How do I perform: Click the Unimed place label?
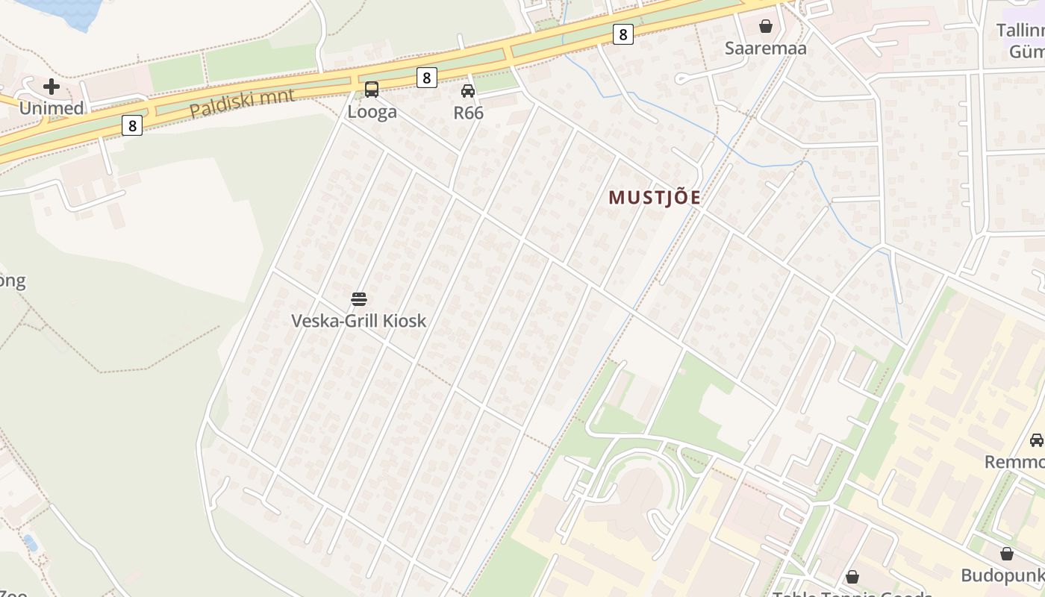pos(51,108)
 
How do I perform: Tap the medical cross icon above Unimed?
pos(51,87)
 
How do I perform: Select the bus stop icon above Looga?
pos(371,90)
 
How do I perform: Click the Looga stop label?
pos(372,113)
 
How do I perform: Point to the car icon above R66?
pos(468,91)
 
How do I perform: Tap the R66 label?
pos(468,113)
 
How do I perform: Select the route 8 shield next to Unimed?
pos(132,125)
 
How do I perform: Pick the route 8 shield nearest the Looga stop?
pos(426,78)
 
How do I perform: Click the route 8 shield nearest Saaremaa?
pos(623,34)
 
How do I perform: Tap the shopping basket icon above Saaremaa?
pos(765,27)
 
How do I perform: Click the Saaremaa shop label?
pos(765,49)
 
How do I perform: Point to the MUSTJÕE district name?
pos(655,198)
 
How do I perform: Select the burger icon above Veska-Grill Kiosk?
pos(359,299)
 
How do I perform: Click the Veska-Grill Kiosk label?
pos(359,321)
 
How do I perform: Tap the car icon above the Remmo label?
pos(1037,440)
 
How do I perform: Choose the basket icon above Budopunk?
pos(1007,554)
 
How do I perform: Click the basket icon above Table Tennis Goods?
pos(852,577)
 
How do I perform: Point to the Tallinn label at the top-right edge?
pos(1020,31)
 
